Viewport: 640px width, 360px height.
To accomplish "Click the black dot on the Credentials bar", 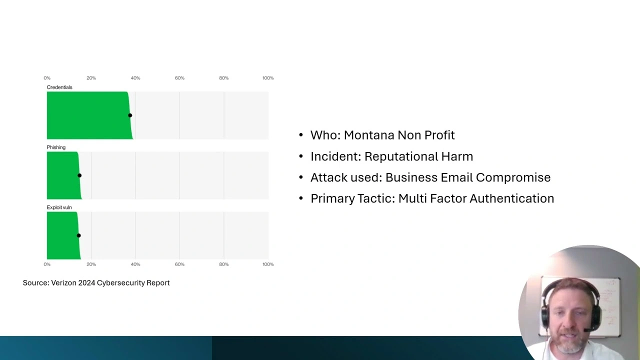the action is point(130,115).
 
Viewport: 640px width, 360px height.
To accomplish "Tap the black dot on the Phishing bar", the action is point(79,175).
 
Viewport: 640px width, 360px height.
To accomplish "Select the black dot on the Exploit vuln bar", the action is point(78,235).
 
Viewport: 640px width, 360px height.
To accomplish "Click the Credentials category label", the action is point(59,87).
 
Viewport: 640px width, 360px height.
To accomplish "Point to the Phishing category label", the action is point(56,147).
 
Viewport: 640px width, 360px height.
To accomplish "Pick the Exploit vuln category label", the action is point(59,207).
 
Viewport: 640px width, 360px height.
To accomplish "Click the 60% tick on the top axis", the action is point(179,78).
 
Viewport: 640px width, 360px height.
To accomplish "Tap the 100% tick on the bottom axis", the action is point(268,264).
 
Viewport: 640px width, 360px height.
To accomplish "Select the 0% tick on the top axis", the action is point(47,78).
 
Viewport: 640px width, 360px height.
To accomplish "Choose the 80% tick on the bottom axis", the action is point(223,264).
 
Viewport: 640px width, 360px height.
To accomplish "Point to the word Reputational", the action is point(401,156).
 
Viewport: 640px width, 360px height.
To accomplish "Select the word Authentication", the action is point(511,198).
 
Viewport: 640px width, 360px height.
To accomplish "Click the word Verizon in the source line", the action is point(63,282).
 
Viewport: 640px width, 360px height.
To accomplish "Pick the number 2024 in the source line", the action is point(86,282).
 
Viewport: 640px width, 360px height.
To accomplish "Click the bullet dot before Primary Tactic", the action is point(301,198).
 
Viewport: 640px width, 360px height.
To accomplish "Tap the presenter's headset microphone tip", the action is point(585,330).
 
